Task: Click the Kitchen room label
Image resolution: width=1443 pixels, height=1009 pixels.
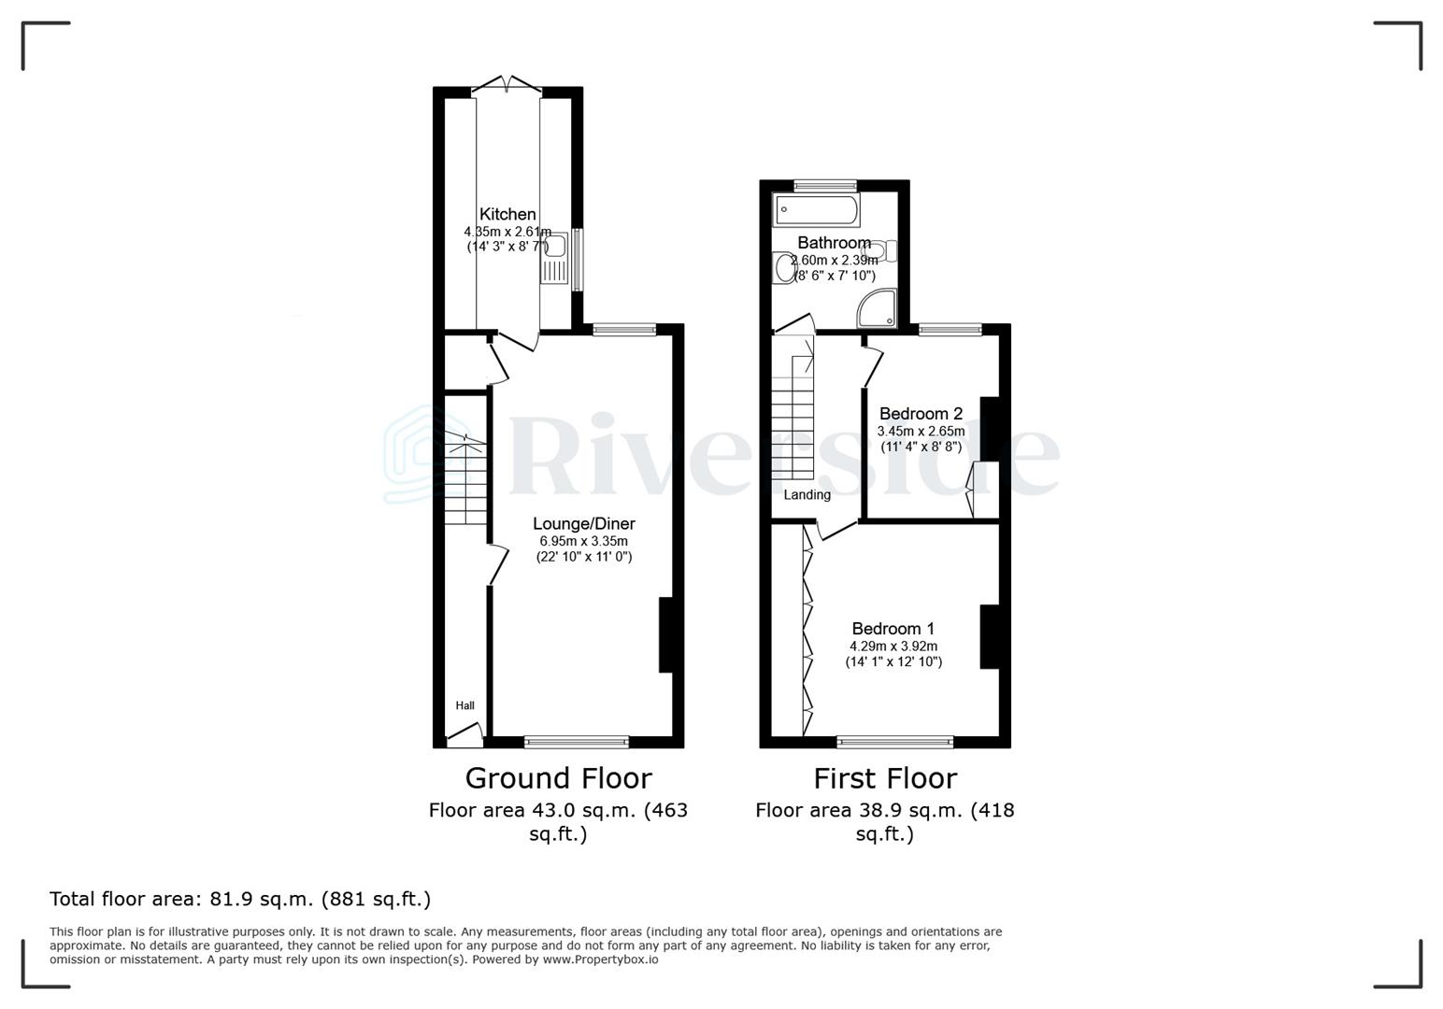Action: pyautogui.click(x=507, y=215)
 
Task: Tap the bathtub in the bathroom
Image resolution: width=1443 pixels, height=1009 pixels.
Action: pyautogui.click(x=816, y=210)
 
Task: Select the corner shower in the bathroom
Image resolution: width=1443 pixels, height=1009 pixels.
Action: pyautogui.click(x=879, y=308)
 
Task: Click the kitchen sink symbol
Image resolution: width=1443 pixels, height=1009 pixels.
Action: pyautogui.click(x=553, y=246)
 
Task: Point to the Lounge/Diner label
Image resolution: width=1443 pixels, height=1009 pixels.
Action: pyautogui.click(x=583, y=524)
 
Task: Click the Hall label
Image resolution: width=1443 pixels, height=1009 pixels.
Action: pyautogui.click(x=464, y=705)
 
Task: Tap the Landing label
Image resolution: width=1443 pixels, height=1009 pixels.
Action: pyautogui.click(x=807, y=495)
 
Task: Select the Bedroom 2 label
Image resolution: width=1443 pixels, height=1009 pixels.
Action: pyautogui.click(x=921, y=414)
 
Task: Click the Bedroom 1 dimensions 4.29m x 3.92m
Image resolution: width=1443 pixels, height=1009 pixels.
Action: pyautogui.click(x=893, y=647)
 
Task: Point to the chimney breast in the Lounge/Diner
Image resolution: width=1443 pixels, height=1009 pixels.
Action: pyautogui.click(x=665, y=635)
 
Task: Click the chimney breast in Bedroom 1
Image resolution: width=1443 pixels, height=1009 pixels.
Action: pyautogui.click(x=989, y=637)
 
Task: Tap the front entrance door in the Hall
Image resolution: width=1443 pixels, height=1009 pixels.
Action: pyautogui.click(x=464, y=736)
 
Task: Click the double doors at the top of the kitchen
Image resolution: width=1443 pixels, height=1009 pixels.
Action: pyautogui.click(x=507, y=86)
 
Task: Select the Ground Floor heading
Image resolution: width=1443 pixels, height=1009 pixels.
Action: pyautogui.click(x=558, y=778)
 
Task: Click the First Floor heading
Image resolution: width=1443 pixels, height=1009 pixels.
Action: pyautogui.click(x=884, y=778)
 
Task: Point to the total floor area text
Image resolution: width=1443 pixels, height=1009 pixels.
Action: pyautogui.click(x=240, y=900)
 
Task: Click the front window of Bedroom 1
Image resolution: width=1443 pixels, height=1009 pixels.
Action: pyautogui.click(x=894, y=743)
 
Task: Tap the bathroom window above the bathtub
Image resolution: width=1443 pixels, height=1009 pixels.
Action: pyautogui.click(x=824, y=185)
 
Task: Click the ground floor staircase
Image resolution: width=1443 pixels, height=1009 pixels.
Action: pyautogui.click(x=465, y=476)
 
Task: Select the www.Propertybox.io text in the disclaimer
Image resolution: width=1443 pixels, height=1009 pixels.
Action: pyautogui.click(x=600, y=959)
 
